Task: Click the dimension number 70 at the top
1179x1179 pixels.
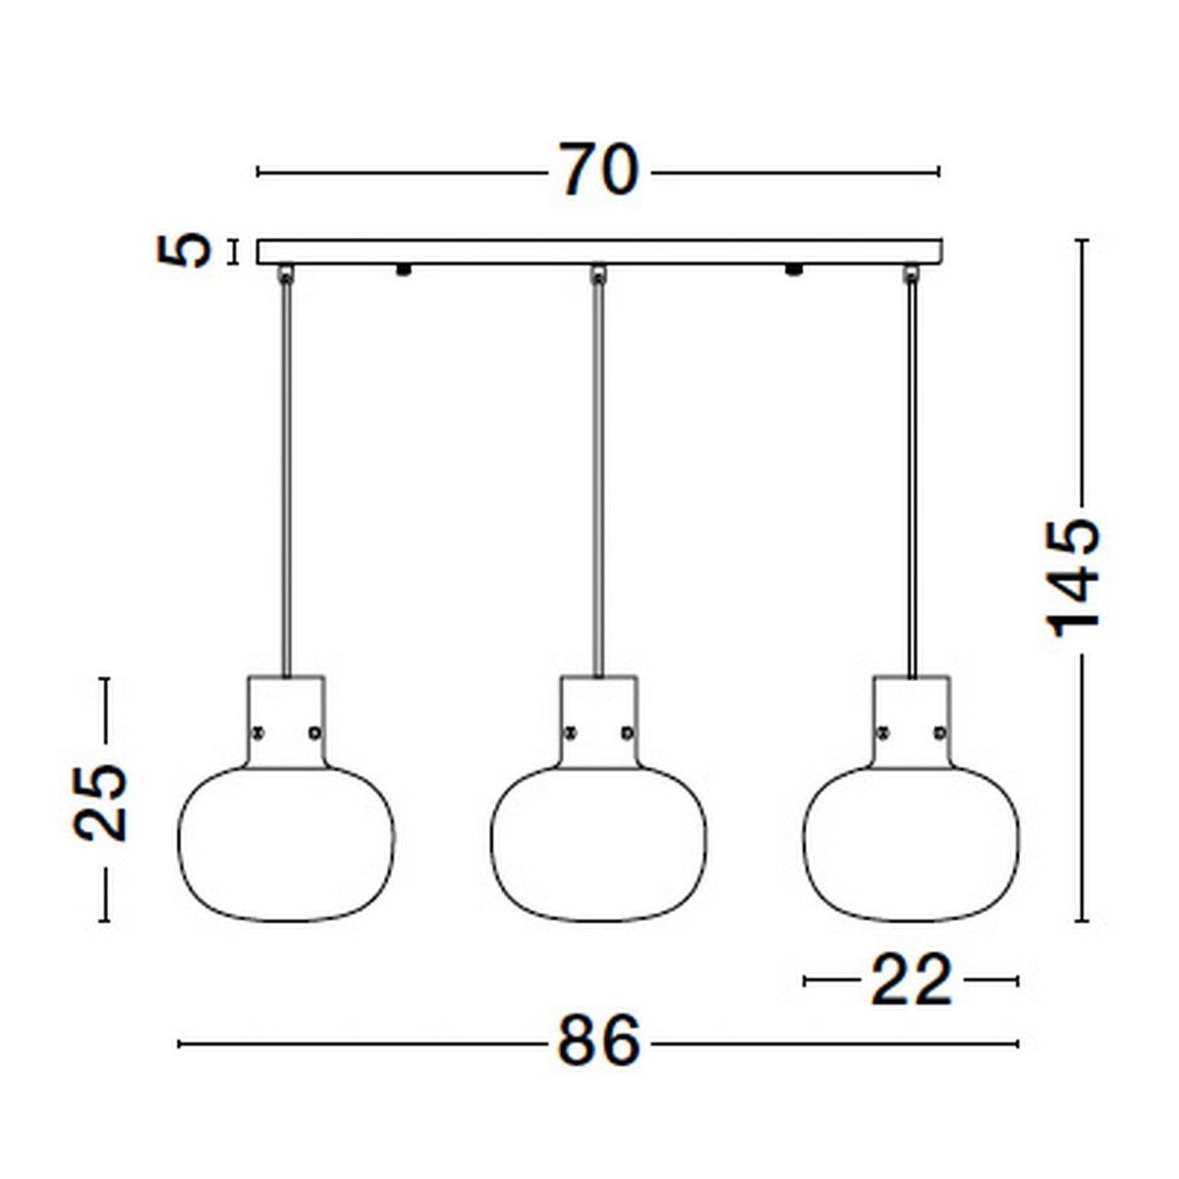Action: (x=598, y=170)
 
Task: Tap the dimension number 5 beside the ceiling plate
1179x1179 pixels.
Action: (x=185, y=252)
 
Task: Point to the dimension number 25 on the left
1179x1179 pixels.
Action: (x=101, y=802)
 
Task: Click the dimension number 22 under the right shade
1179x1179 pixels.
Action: (x=912, y=981)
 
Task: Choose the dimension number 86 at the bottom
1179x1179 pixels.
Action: (x=598, y=1042)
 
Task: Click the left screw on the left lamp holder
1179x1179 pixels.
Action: (x=257, y=732)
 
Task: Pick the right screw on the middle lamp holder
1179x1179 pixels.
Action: (x=627, y=732)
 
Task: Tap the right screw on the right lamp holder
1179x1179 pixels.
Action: (x=939, y=732)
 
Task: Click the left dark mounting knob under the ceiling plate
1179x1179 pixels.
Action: (x=402, y=270)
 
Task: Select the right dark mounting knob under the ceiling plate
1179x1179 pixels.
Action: (x=793, y=270)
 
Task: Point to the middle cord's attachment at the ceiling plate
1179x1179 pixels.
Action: (x=598, y=273)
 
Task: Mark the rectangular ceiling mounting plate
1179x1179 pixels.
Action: (x=598, y=253)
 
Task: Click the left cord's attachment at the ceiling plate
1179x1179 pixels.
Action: (x=286, y=273)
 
